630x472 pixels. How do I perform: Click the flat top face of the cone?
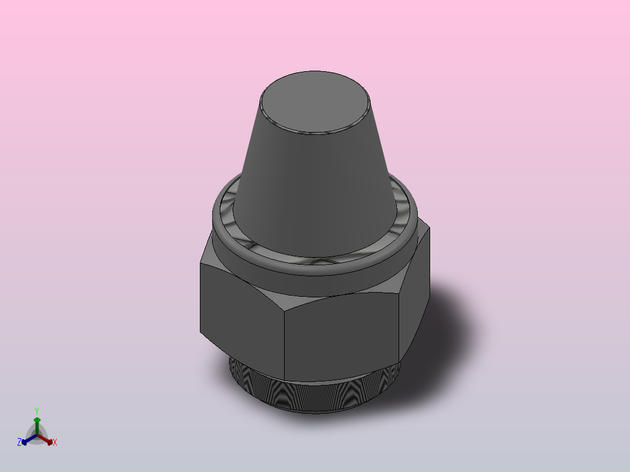point(315,102)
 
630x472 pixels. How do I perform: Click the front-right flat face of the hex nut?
point(342,336)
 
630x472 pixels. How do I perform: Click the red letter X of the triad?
point(55,443)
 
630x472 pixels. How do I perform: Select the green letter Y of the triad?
point(37,411)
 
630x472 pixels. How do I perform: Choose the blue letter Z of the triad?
point(19,443)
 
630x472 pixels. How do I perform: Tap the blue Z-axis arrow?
point(27,439)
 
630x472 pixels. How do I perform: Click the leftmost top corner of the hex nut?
point(200,263)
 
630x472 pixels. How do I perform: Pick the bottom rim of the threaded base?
point(316,411)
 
